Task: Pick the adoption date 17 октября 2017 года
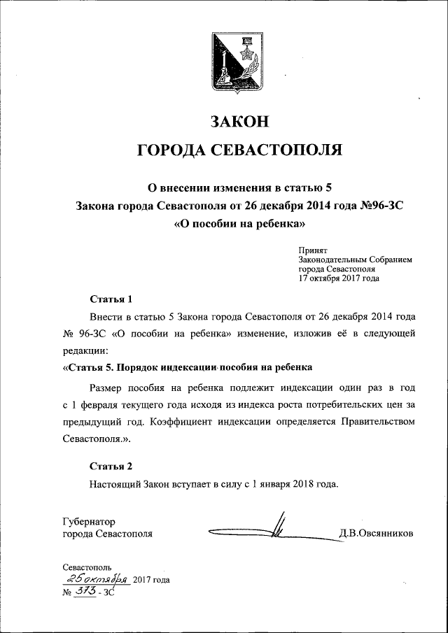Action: (x=339, y=278)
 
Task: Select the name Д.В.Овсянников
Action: (x=376, y=534)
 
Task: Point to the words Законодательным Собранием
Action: (x=355, y=259)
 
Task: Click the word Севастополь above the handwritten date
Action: (x=86, y=567)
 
